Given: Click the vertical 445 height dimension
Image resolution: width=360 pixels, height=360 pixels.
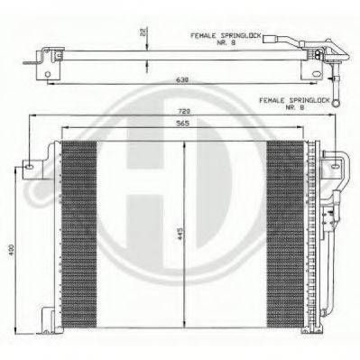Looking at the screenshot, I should pyautogui.click(x=180, y=235).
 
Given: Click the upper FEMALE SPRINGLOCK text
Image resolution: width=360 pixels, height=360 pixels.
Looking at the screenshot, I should pyautogui.click(x=225, y=35).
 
